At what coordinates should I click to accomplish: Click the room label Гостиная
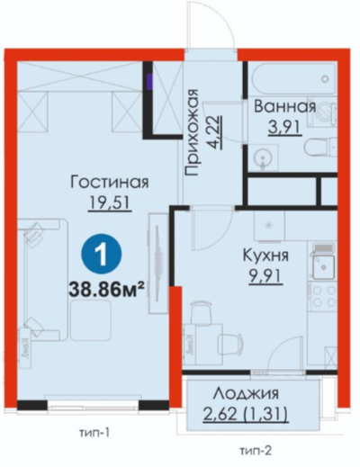point(110,182)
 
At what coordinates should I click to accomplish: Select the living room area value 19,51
point(110,203)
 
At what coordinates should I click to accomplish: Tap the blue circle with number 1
point(103,255)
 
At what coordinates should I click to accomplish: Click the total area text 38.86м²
point(105,290)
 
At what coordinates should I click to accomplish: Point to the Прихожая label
point(192,132)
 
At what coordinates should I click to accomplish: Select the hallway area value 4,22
point(216,132)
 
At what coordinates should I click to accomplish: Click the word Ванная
point(284,107)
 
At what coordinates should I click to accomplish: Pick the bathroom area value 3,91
point(284,128)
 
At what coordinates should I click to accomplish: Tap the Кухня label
point(265,256)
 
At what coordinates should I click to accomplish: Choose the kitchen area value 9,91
point(265,276)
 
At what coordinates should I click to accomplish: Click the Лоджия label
point(246,394)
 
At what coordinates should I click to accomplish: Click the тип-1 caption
point(94,433)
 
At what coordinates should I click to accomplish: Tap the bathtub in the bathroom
point(293,79)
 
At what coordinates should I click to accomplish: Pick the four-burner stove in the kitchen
point(324,296)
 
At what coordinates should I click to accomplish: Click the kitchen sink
point(324,267)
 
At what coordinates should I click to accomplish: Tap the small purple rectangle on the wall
point(149,81)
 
